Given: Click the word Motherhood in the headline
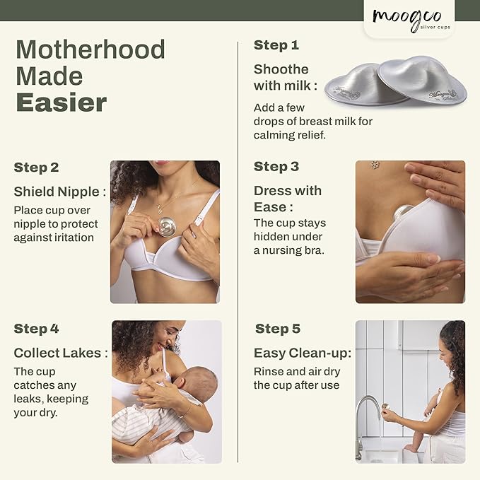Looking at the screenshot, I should [x=90, y=49].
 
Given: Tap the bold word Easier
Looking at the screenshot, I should [x=61, y=103].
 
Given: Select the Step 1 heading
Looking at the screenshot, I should [x=276, y=45].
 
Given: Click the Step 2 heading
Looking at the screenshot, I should [x=36, y=168].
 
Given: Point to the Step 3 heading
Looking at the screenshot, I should [x=276, y=167].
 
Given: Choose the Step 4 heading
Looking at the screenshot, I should [x=36, y=329].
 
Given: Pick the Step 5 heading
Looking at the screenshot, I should [x=278, y=329].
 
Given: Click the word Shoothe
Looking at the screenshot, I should [x=281, y=69].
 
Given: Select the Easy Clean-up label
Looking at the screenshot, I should [x=302, y=353].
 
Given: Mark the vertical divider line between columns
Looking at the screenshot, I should [x=238, y=247].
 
